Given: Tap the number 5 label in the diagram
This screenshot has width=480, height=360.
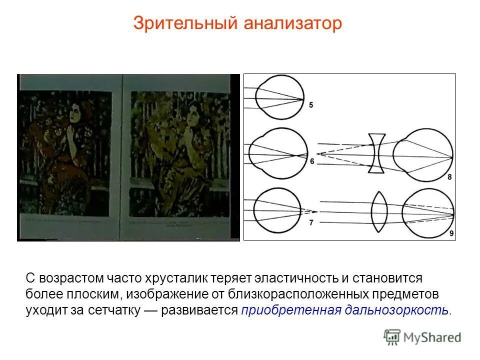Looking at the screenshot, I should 311,105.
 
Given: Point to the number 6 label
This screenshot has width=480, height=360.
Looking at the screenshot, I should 312,161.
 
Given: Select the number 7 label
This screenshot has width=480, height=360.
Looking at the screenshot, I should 311,223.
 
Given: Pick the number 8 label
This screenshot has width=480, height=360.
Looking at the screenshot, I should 449,177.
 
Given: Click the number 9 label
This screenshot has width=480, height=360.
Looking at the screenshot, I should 451,233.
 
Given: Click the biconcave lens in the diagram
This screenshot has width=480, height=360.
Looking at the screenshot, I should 376,153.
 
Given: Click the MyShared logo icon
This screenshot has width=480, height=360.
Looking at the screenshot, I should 392,337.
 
